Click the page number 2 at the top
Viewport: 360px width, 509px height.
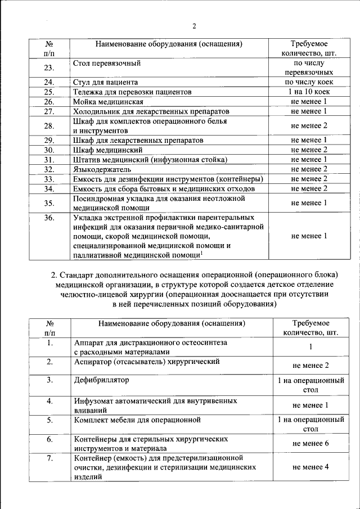tap(193, 25)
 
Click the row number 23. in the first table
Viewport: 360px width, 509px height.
tap(49, 68)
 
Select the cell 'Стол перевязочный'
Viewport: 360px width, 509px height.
tap(106, 63)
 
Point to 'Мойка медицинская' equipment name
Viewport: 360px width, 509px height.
tap(108, 102)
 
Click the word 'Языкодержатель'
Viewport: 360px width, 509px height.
tap(102, 169)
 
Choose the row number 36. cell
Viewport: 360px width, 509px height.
tap(49, 217)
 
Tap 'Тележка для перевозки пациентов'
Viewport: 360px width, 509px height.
tap(132, 92)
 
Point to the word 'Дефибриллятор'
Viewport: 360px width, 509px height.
tap(101, 380)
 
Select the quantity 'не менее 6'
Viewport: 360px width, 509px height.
tap(310, 444)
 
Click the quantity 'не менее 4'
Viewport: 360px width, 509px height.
tap(310, 467)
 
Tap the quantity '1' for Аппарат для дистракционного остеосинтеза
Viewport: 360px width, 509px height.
tap(310, 348)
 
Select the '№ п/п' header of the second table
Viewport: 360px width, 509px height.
tap(49, 328)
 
